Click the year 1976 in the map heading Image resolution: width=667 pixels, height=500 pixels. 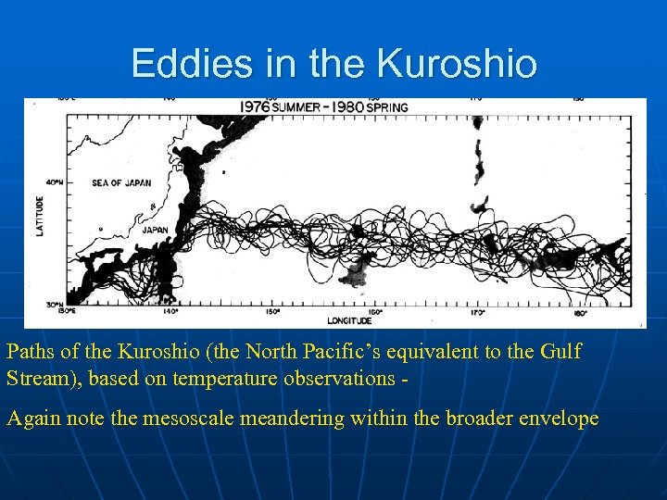pyautogui.click(x=255, y=106)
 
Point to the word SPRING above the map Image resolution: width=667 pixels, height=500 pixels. pyautogui.click(x=386, y=106)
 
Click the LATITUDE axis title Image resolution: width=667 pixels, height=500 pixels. pyautogui.click(x=40, y=215)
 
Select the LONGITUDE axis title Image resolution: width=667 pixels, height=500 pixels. pyautogui.click(x=350, y=320)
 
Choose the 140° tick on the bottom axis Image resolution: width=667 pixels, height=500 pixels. pyautogui.click(x=170, y=313)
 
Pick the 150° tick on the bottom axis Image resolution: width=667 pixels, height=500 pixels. pyautogui.click(x=272, y=313)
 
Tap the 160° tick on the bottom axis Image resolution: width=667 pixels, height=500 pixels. pyautogui.click(x=374, y=313)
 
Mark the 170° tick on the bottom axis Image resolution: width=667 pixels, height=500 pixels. pyautogui.click(x=477, y=313)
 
